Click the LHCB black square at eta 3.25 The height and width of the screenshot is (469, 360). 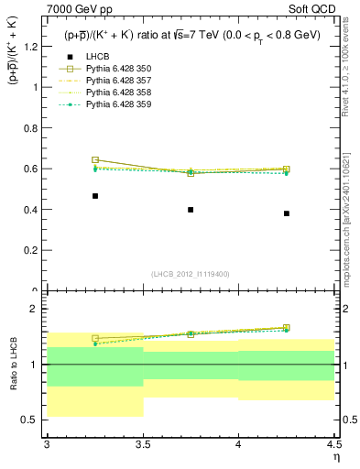click(95, 196)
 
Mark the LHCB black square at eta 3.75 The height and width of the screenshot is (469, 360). click(191, 210)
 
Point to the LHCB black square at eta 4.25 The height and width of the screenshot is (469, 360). click(287, 213)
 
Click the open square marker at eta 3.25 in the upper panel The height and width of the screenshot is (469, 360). click(95, 160)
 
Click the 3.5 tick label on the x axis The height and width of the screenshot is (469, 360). click(143, 445)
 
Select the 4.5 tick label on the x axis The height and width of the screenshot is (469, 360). click(333, 445)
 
